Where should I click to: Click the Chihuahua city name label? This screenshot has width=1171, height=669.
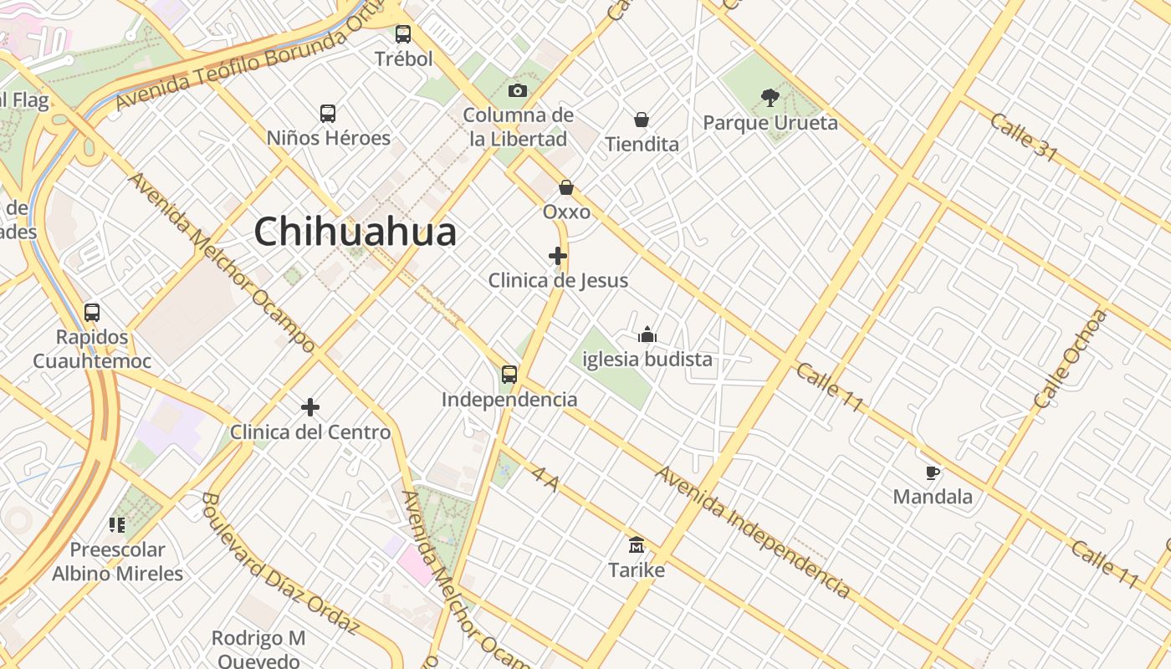355,232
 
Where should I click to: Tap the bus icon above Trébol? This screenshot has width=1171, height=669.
403,34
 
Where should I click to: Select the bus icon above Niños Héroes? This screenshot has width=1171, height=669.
328,113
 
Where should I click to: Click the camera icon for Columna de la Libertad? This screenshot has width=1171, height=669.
518,90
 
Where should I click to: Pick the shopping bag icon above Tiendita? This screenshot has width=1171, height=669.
642,120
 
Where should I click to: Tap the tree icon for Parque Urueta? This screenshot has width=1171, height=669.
770,98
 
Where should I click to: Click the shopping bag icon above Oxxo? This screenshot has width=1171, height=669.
566,187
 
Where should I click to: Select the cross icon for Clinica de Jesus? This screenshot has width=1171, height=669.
558,256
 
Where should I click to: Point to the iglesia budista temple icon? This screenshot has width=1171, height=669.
647,335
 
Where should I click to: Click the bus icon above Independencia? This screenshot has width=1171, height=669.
509,375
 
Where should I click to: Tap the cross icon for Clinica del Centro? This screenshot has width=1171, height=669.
310,407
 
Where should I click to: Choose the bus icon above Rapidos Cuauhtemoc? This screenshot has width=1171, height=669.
92,313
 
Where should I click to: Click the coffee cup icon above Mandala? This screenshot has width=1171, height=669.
933,472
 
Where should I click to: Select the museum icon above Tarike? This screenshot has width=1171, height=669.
637,545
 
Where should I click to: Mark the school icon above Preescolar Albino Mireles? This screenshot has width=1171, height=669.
117,525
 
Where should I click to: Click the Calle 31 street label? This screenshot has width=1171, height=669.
1024,137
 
